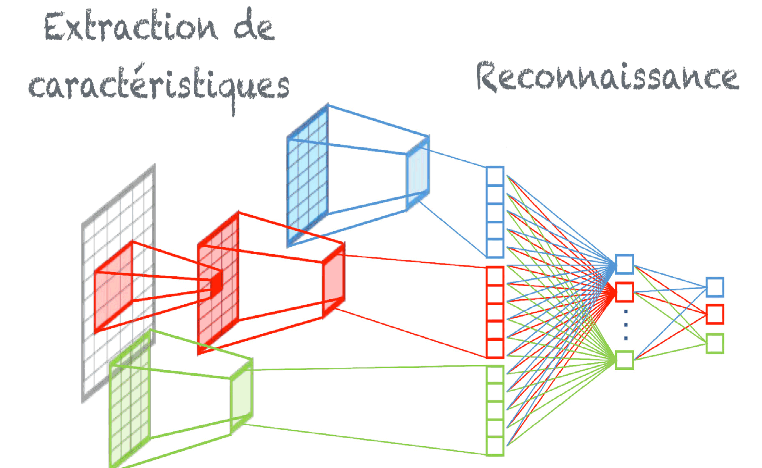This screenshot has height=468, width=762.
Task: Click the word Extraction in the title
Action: tap(131, 27)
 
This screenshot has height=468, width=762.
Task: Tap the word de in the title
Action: tap(254, 27)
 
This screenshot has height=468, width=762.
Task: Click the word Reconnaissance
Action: tap(607, 77)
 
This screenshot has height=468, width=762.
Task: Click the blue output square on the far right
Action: tap(715, 287)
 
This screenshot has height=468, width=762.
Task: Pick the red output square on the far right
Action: tap(715, 314)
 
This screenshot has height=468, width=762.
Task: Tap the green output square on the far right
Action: tap(715, 344)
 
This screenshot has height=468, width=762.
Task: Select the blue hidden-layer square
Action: tap(625, 264)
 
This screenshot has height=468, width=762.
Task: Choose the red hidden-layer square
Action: tap(625, 292)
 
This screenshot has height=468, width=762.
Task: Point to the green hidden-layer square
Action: tap(625, 360)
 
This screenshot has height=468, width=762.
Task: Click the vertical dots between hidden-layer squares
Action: tap(625, 325)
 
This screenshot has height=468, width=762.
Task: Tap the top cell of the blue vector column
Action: tap(495, 176)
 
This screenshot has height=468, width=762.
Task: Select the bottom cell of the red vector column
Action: tap(495, 348)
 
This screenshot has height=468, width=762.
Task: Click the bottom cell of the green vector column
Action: tap(495, 446)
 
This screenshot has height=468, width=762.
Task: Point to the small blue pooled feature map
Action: tap(418, 173)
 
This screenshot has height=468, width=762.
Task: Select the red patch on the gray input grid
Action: tap(114, 287)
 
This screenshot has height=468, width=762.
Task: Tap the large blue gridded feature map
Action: tap(307, 175)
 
